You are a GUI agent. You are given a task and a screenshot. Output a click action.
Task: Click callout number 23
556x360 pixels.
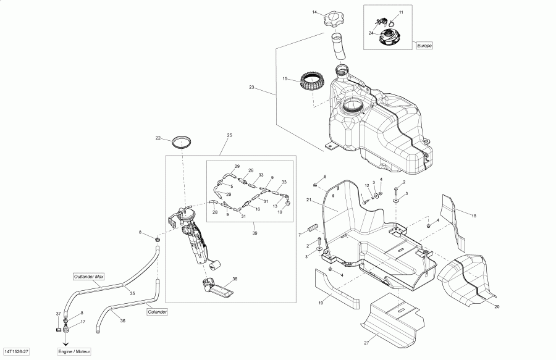(x=252, y=88)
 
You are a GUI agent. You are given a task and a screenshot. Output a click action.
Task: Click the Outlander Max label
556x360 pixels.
(x=88, y=276)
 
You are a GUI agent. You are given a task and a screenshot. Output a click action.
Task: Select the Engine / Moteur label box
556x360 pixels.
(x=74, y=351)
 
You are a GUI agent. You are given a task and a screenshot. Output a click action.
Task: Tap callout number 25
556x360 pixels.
(x=229, y=135)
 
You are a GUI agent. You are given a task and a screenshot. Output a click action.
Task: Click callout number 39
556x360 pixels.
(x=255, y=233)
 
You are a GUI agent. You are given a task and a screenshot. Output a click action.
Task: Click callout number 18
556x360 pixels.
(x=474, y=216)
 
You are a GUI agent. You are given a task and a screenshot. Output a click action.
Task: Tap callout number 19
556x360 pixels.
(x=321, y=303)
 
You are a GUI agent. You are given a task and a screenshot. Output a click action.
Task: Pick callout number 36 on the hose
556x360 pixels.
(x=122, y=321)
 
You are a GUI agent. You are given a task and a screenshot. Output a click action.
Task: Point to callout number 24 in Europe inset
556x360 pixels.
(x=371, y=33)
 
